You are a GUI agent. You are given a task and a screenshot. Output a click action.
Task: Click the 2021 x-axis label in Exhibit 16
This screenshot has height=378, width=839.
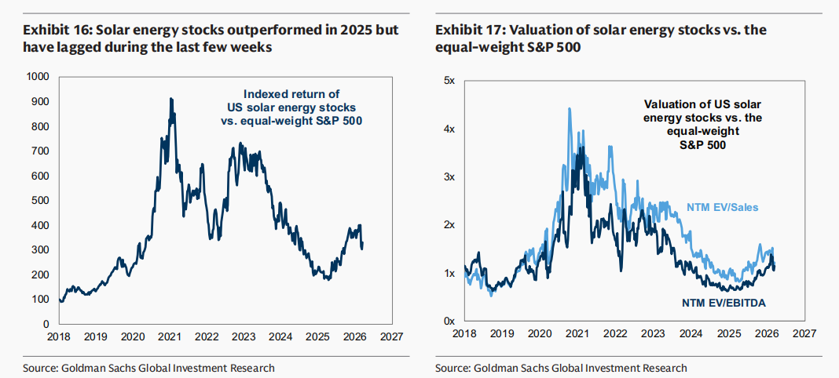(170, 336)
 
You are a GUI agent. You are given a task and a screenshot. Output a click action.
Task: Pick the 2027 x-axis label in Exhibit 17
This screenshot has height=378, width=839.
(803, 334)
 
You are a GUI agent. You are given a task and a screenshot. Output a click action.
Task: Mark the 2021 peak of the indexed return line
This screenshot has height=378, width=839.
(171, 99)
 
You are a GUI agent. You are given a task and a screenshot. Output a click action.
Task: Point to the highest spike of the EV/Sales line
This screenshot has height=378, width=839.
(569, 108)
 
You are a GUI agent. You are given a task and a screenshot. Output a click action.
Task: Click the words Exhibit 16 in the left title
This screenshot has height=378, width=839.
(53, 31)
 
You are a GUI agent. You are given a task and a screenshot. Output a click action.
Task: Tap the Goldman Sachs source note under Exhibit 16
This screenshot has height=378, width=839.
(149, 368)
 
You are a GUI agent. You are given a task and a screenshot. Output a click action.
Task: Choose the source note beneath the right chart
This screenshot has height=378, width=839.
(561, 368)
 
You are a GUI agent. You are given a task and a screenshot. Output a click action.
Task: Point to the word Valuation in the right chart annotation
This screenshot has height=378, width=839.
(671, 104)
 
